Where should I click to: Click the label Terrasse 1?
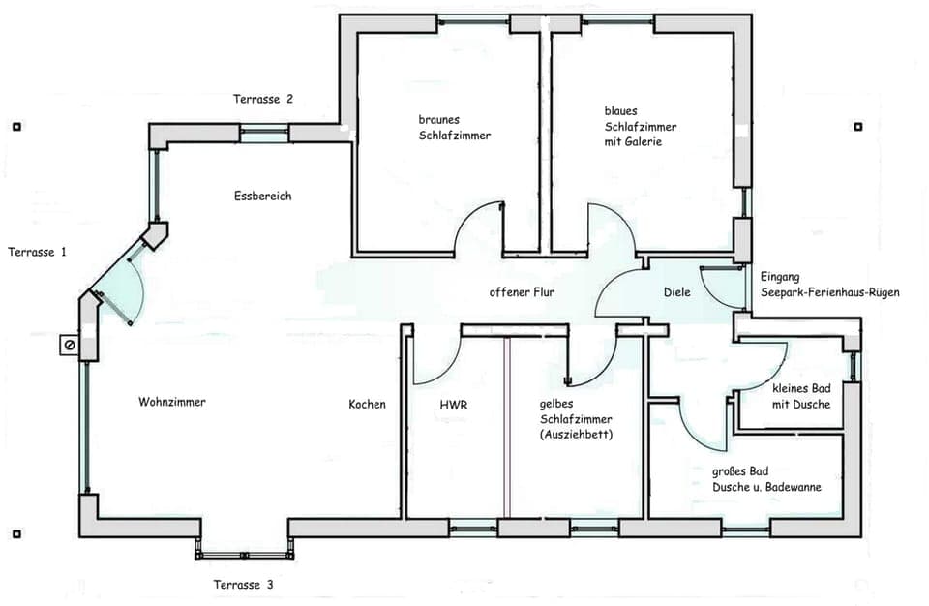[x=38, y=252]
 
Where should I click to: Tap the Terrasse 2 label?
[x=263, y=99]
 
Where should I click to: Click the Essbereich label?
[x=262, y=197]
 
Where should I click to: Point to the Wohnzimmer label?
[x=172, y=402]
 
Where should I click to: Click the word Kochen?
[x=367, y=405]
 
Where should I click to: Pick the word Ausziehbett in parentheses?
[x=576, y=435]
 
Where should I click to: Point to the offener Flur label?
[x=522, y=292]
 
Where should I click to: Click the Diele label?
[x=676, y=292]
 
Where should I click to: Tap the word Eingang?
[x=780, y=276]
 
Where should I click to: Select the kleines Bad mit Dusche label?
[x=801, y=396]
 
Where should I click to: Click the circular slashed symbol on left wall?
[x=70, y=345]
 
